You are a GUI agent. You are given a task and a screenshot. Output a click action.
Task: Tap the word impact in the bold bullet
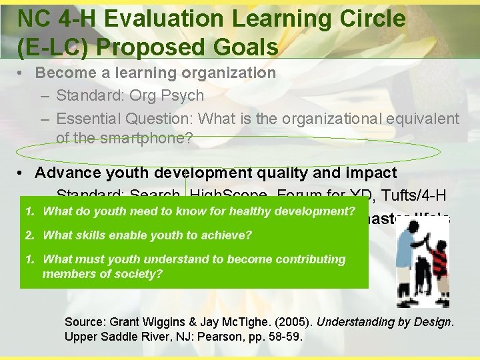(x=369, y=173)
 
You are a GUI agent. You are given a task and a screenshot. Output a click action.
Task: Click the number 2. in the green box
(x=30, y=235)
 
